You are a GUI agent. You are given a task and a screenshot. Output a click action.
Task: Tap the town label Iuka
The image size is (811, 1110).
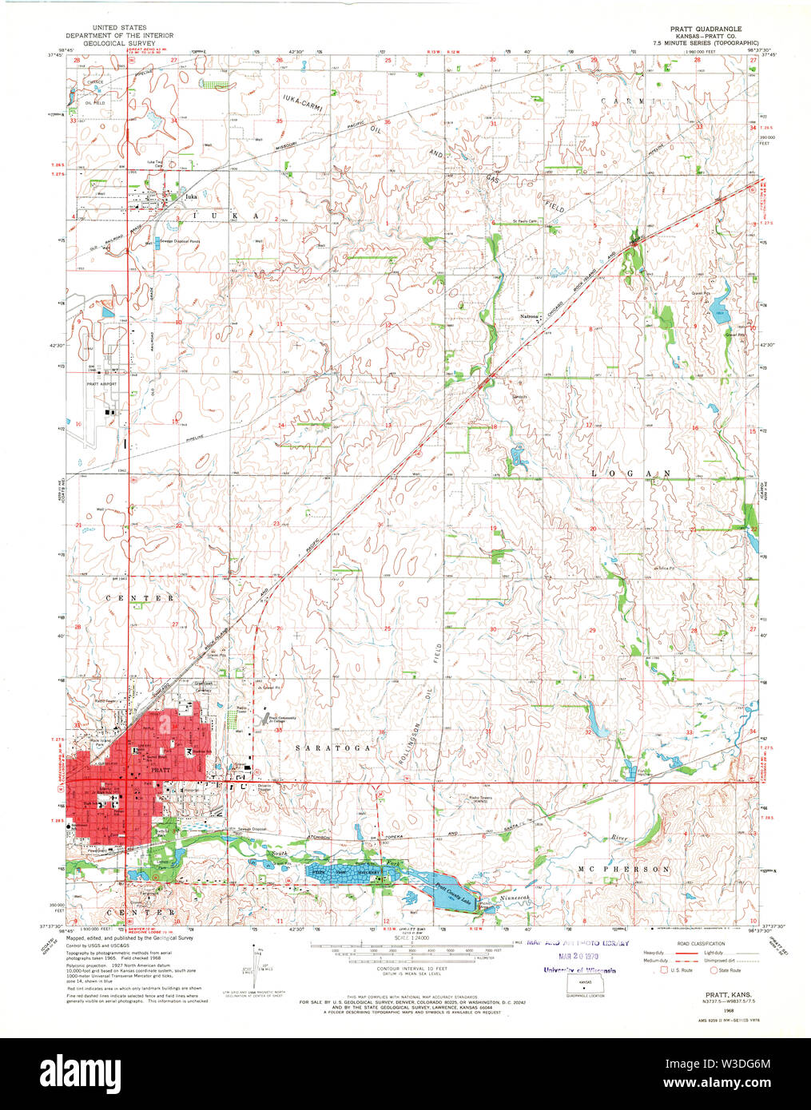pos(189,196)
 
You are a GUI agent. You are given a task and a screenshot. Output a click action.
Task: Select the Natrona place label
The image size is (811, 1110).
pos(529,317)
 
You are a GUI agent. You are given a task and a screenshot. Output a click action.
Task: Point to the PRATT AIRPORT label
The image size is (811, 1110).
pos(101,384)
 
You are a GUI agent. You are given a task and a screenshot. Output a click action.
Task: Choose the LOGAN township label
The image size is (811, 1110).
pos(630,474)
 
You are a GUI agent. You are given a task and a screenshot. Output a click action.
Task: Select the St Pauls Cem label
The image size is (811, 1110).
pos(527,222)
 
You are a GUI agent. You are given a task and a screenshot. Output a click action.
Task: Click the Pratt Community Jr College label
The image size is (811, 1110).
pos(282,720)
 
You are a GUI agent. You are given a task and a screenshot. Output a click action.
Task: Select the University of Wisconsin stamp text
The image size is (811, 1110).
pos(579,970)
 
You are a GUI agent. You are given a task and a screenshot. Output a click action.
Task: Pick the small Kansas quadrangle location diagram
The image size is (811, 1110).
pos(586,984)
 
